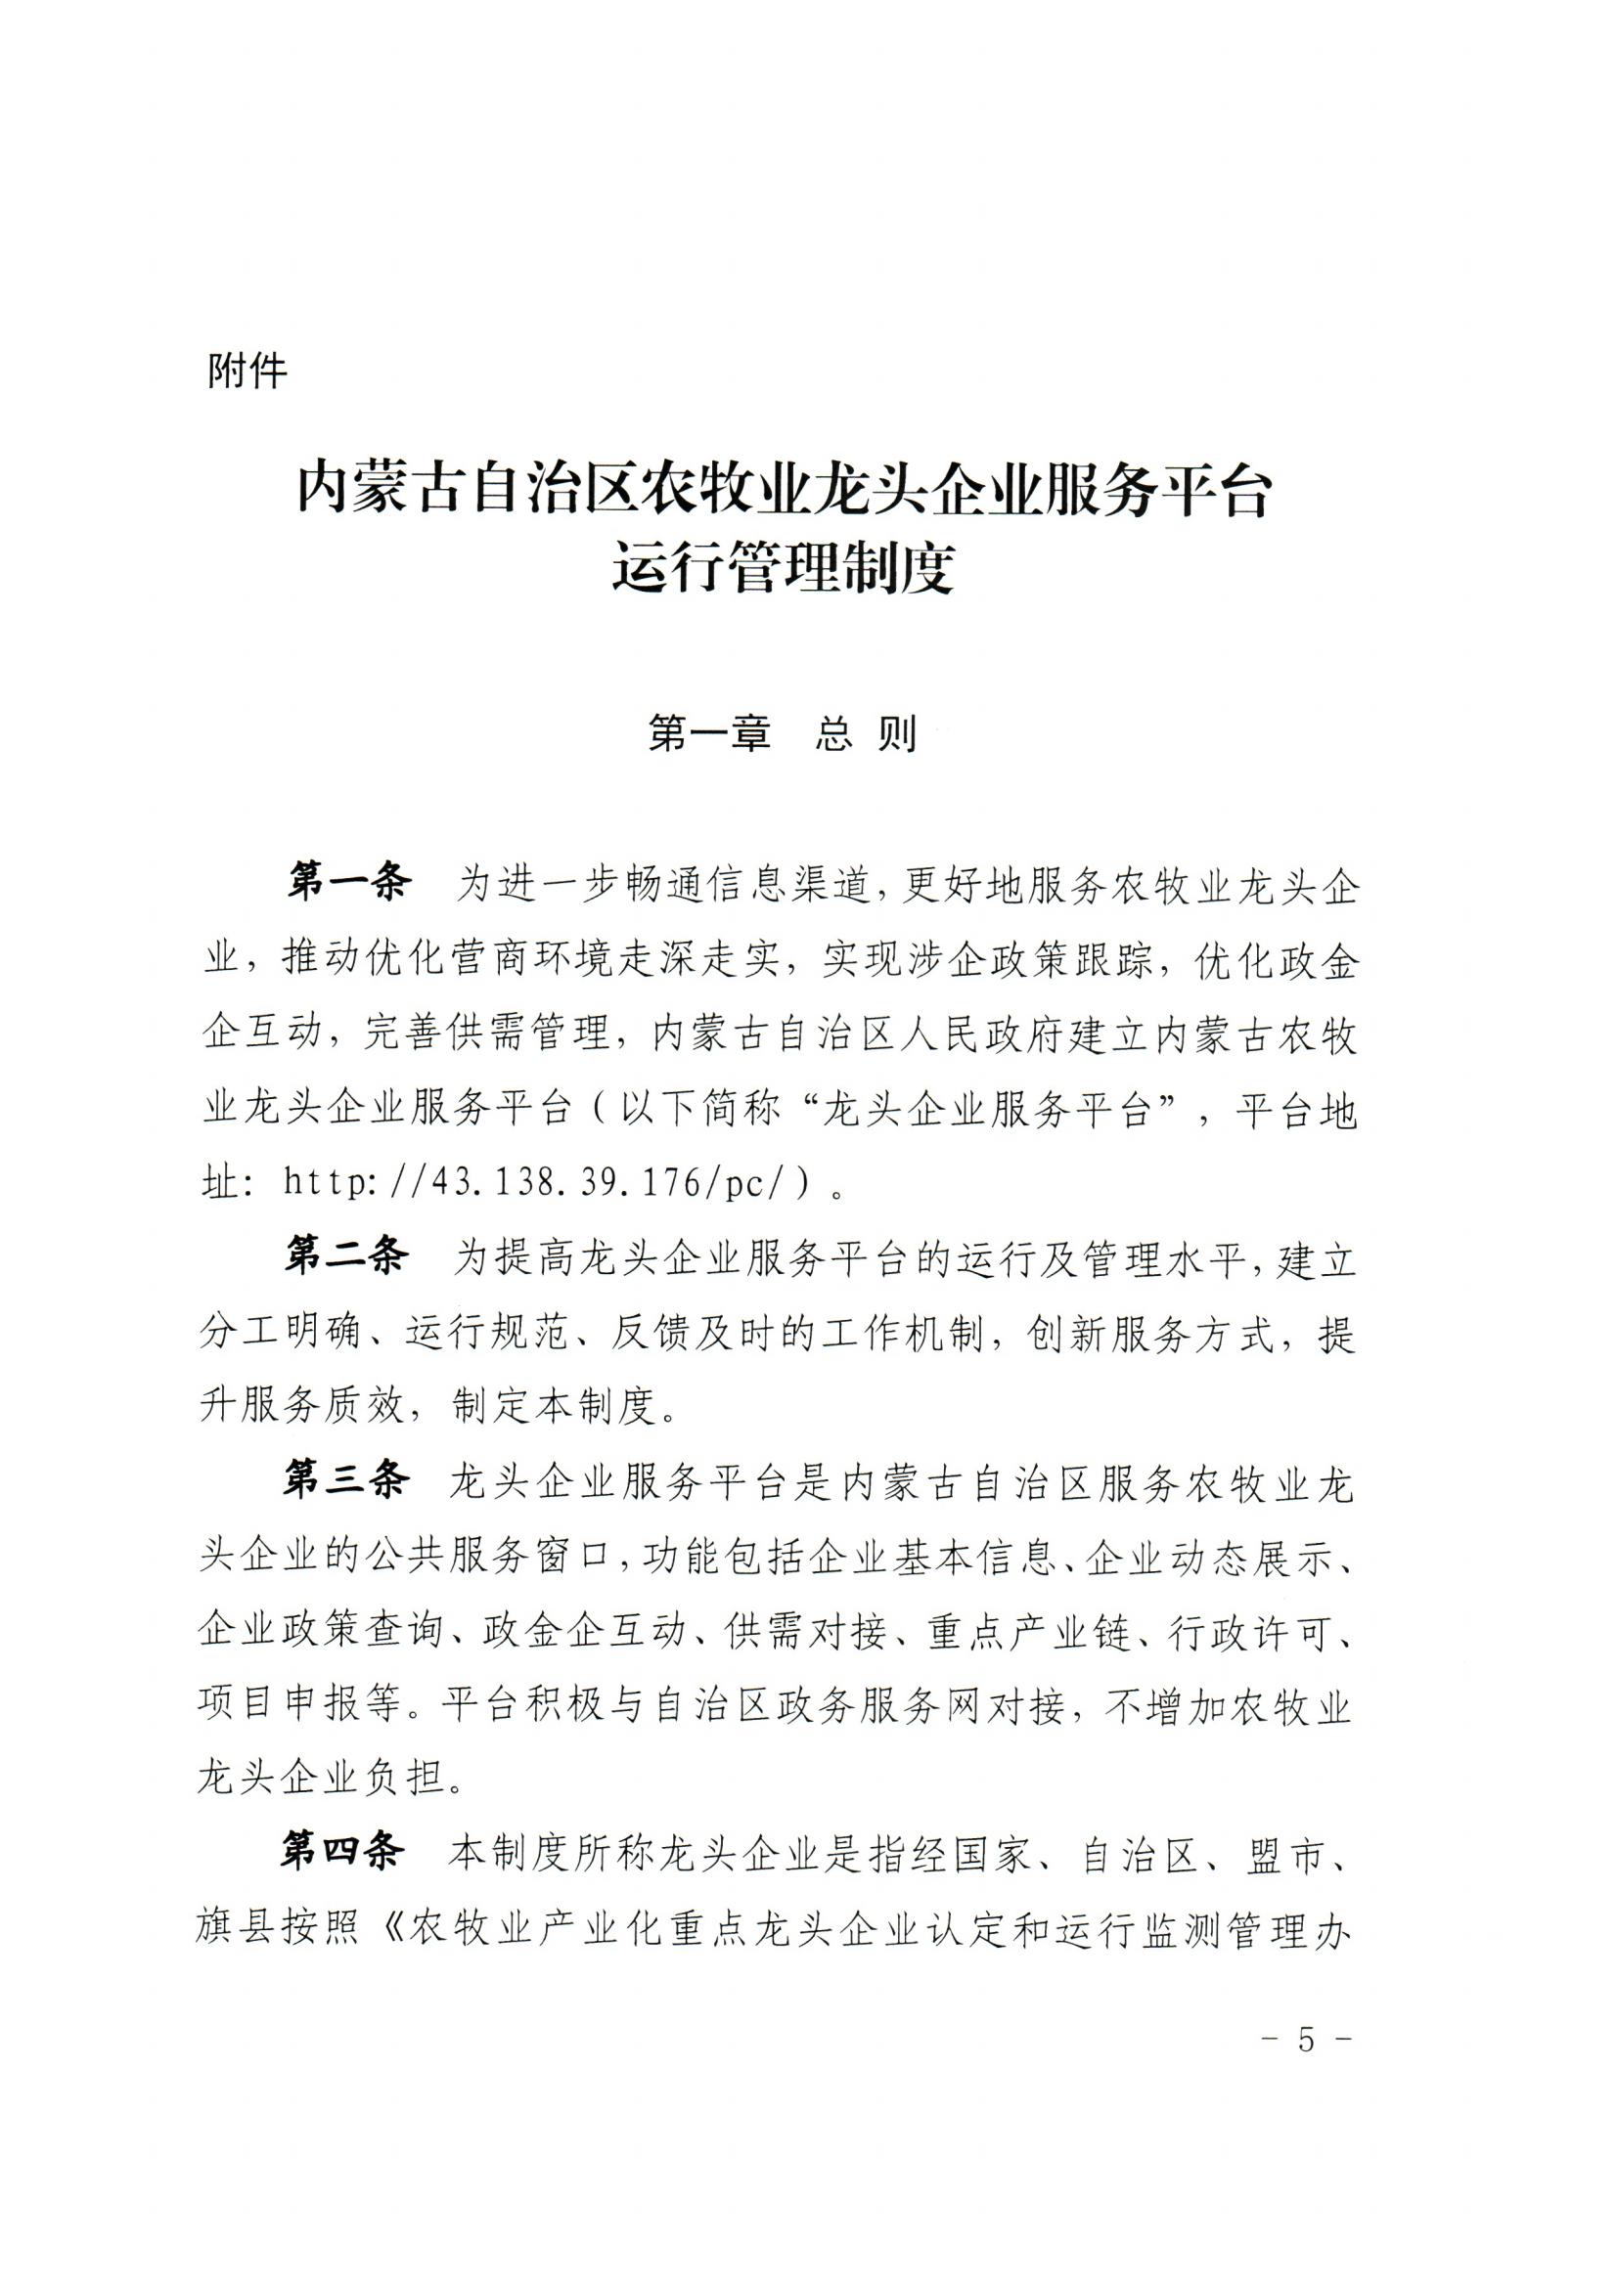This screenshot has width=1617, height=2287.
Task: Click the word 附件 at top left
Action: [247, 373]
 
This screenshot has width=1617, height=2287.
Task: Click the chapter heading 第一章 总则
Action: [783, 734]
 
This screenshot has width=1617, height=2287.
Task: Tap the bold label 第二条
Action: [345, 1257]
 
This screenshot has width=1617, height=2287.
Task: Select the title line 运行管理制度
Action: [785, 571]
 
